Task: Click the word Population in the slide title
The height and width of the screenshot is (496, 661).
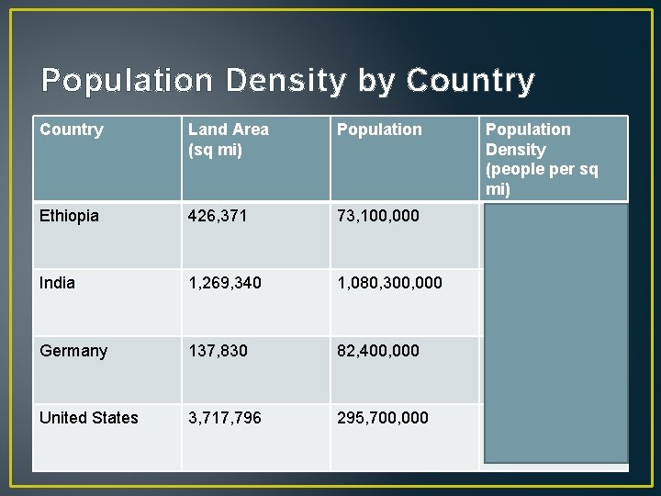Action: coord(128,82)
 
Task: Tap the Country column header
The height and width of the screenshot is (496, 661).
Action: coord(72,130)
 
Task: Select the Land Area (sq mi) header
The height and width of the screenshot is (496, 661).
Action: coord(229,140)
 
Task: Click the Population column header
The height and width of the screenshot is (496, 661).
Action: coord(379,130)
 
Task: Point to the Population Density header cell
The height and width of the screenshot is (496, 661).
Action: coord(541,159)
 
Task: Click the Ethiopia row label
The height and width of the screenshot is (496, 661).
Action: coord(69,216)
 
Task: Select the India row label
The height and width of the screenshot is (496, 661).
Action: coord(57,283)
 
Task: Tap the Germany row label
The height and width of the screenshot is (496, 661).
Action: coord(73,351)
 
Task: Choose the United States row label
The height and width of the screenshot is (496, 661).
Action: coord(89,418)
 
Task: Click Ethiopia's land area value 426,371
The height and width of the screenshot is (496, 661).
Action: coord(218,216)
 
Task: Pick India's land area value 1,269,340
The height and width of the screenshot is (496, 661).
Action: coord(224,283)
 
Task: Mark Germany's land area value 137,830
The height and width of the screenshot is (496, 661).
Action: coord(218,351)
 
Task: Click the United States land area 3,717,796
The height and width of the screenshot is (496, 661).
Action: coord(224,418)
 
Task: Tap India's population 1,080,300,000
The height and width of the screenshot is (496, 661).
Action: coord(389,283)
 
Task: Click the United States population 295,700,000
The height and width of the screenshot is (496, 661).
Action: coord(383,418)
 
